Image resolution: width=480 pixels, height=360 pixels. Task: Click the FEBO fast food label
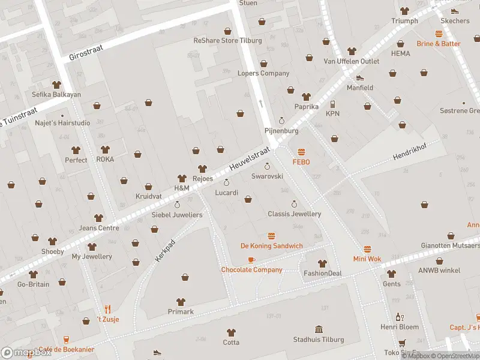tap(301, 162)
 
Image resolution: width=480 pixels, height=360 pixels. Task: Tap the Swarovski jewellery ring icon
tap(267, 166)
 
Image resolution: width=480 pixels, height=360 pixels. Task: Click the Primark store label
tap(181, 311)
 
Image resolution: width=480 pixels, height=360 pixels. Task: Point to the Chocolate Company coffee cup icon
tap(251, 260)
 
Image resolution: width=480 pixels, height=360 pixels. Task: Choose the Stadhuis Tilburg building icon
tap(319, 329)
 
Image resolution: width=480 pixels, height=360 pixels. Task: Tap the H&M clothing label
tap(182, 188)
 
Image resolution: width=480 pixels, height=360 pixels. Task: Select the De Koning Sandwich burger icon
tap(271, 236)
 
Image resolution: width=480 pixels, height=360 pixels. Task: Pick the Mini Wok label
tap(367, 259)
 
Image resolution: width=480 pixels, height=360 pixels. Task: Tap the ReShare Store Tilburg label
tap(227, 41)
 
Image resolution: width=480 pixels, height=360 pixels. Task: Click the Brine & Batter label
tap(439, 44)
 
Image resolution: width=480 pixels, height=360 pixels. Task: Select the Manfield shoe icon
tap(360, 77)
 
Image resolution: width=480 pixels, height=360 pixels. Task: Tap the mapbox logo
tap(26, 353)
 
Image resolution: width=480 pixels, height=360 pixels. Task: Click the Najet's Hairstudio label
tap(62, 123)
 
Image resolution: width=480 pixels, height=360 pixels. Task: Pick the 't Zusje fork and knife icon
tap(108, 309)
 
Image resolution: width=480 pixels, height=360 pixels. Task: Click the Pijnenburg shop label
tap(281, 130)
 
